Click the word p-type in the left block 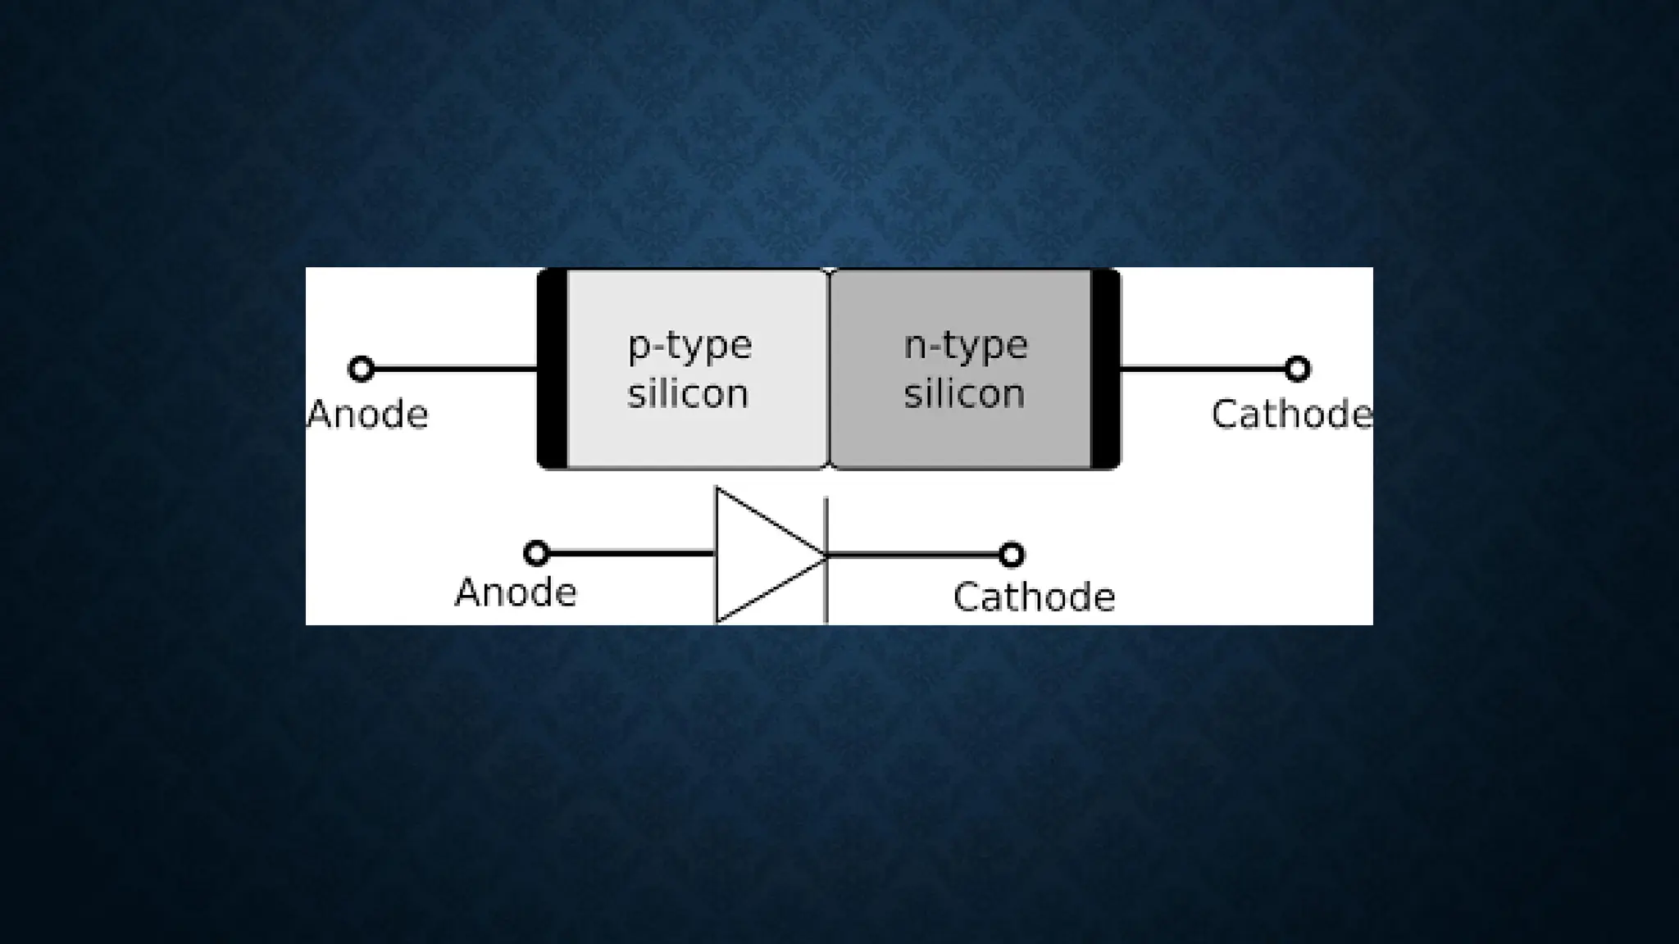click(689, 346)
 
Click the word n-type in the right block click(965, 346)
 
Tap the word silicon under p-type click(688, 394)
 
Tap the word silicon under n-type click(964, 394)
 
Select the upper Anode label click(368, 415)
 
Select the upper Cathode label click(1291, 415)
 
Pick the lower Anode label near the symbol click(516, 592)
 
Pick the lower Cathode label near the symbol click(1034, 597)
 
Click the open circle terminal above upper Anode click(362, 369)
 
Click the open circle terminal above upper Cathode click(1297, 369)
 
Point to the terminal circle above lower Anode click(536, 554)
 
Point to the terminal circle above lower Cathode click(1012, 556)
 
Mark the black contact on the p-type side click(553, 369)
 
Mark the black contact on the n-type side click(1105, 369)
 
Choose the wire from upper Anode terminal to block click(455, 369)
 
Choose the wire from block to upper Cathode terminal click(1202, 369)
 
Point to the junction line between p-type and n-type click(829, 369)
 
